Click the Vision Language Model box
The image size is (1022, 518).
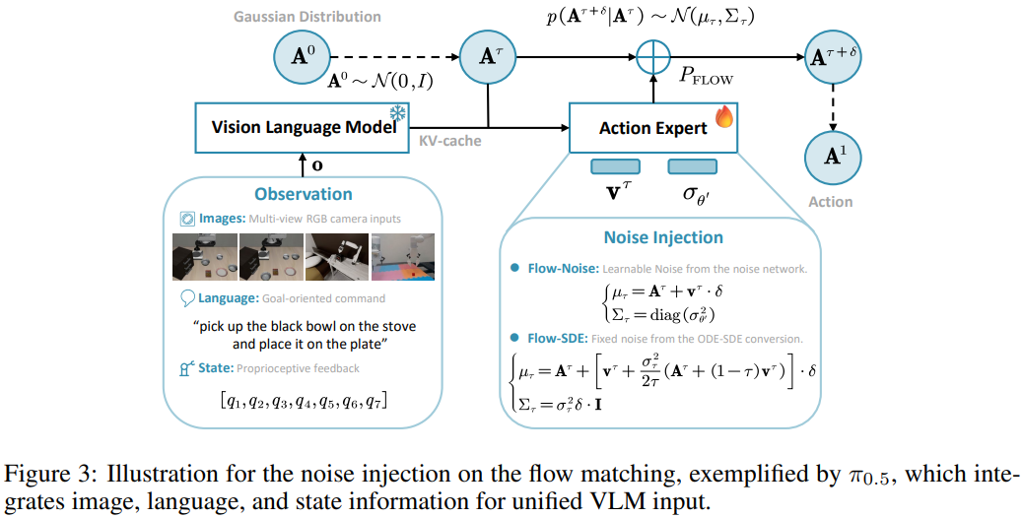click(302, 128)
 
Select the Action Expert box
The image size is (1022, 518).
click(652, 128)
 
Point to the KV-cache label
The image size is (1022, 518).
click(449, 141)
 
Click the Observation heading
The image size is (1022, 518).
click(304, 194)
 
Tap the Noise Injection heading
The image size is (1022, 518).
click(662, 237)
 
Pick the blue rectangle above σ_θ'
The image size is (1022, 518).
click(692, 166)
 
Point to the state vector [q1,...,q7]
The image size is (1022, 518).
click(303, 400)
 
